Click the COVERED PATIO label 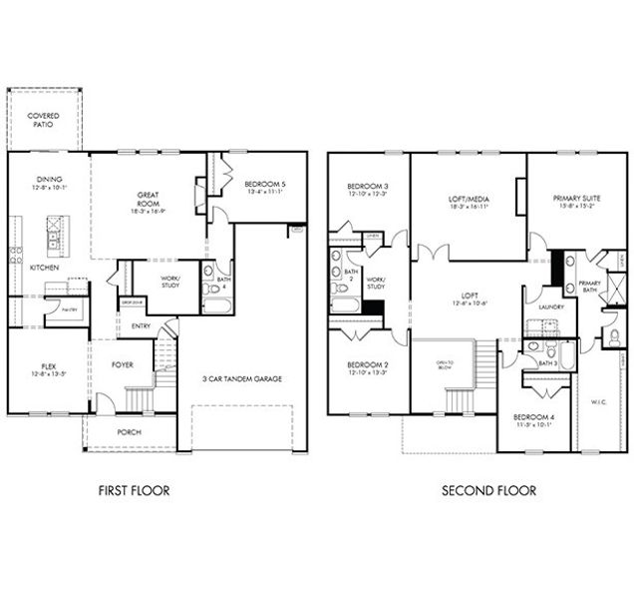[x=44, y=121]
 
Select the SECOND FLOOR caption [x=489, y=490]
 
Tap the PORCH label [x=131, y=432]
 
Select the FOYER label [x=122, y=364]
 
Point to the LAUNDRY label [x=550, y=306]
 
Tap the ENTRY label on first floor [x=140, y=324]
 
